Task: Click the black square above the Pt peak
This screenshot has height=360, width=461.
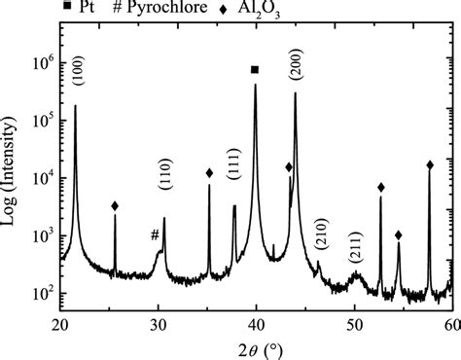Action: coord(255,70)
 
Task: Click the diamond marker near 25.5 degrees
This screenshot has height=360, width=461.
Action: coord(115,206)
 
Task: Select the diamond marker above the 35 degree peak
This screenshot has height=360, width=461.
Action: coord(209,173)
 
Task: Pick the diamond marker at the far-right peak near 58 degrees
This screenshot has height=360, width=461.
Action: coord(430,165)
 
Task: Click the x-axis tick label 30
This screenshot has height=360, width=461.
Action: coord(158,324)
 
